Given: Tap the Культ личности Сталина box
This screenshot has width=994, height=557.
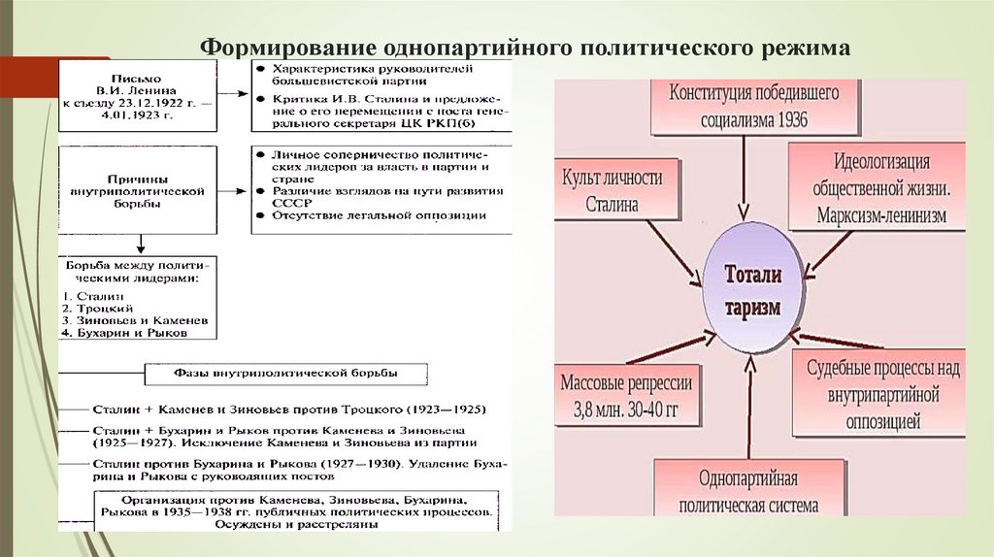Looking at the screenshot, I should pos(612,190).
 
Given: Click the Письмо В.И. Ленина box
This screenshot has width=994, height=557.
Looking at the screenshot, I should pos(136,96).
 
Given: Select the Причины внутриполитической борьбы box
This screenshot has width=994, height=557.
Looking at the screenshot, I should pos(136,191).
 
